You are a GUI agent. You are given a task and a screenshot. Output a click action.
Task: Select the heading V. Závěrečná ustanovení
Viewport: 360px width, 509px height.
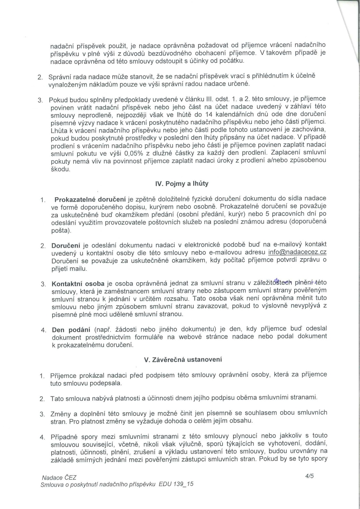183,360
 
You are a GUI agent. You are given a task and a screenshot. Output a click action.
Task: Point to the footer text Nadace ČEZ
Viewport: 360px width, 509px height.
59,478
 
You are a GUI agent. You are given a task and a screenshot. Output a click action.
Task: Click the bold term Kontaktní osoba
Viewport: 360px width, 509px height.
78,283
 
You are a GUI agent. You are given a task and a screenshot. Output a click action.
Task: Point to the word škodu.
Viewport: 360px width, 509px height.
60,169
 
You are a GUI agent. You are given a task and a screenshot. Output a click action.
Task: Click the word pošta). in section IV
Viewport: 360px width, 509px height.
61,230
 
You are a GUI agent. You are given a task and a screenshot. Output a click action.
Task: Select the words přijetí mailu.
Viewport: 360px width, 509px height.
69,269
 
